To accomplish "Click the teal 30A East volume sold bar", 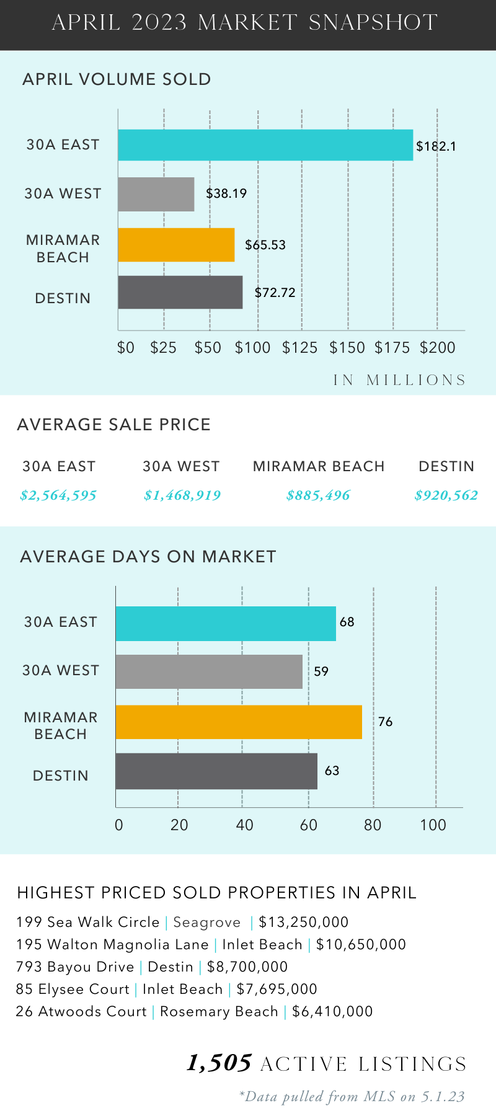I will pyautogui.click(x=265, y=145).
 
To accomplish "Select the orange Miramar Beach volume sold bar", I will pyautogui.click(x=176, y=245).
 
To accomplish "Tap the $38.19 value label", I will pyautogui.click(x=226, y=193).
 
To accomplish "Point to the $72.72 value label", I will pyautogui.click(x=275, y=293).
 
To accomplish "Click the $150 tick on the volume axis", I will pyautogui.click(x=347, y=348).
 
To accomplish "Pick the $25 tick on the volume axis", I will pyautogui.click(x=164, y=348).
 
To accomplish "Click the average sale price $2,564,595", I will pyautogui.click(x=58, y=495).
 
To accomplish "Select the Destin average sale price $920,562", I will pyautogui.click(x=446, y=495).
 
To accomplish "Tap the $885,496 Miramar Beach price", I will pyautogui.click(x=318, y=495).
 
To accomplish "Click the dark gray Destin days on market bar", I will pyautogui.click(x=216, y=771).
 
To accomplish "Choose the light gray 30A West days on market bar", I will pyautogui.click(x=209, y=671).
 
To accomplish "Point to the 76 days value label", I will pyautogui.click(x=386, y=722).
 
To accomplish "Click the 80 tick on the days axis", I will pyautogui.click(x=373, y=825).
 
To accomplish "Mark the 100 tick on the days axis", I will pyautogui.click(x=433, y=825).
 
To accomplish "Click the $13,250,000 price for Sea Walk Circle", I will pyautogui.click(x=304, y=923).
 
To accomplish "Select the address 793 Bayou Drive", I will pyautogui.click(x=75, y=967).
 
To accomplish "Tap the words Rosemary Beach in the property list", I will pyautogui.click(x=219, y=1012).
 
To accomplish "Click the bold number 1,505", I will pyautogui.click(x=219, y=1063).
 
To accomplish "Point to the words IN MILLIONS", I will pyautogui.click(x=399, y=380).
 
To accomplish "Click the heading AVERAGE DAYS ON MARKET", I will pyautogui.click(x=148, y=557).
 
